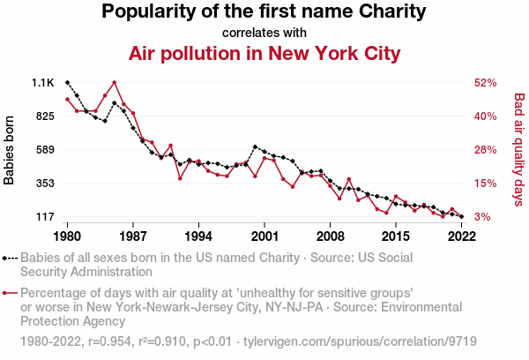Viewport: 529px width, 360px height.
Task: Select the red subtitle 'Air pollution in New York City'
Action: point(264,54)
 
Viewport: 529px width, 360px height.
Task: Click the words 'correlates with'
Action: point(264,34)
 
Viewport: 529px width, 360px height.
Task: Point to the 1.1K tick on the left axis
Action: point(43,83)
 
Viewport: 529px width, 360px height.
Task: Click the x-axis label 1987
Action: point(133,236)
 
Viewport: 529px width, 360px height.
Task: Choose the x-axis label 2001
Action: point(264,236)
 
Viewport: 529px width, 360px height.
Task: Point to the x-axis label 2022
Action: point(461,236)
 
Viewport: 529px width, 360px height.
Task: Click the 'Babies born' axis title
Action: point(11,150)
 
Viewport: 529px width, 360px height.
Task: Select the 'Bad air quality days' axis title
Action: point(518,150)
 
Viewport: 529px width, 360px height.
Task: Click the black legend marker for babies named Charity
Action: point(9,259)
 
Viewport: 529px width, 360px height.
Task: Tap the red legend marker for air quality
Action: point(9,292)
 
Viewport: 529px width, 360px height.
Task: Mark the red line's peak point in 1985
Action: point(115,83)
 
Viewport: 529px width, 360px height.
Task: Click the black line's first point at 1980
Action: point(68,82)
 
